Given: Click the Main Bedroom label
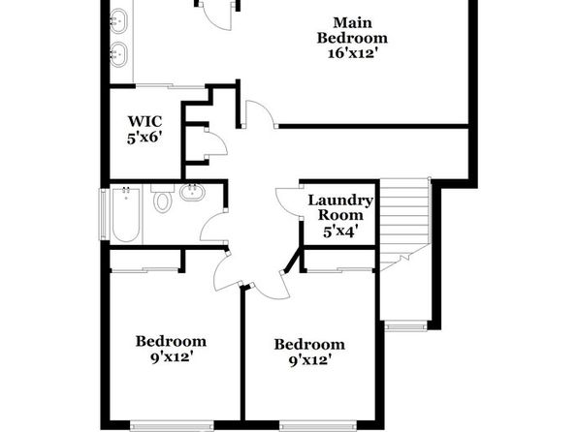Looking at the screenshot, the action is pos(352,30).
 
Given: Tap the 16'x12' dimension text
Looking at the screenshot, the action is pos(353,54).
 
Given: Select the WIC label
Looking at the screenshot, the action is pos(144,121).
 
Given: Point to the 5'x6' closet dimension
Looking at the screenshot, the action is pos(144,139).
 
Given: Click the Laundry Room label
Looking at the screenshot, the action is pos(340,207).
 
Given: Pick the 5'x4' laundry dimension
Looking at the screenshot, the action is pos(340,232).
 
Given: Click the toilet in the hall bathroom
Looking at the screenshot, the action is pos(163,198).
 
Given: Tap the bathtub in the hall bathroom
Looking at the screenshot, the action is pos(126,215).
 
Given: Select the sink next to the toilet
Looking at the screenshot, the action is pos(192,192).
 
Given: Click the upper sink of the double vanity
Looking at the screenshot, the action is pos(118,21).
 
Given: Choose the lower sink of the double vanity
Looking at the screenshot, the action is pos(118,54).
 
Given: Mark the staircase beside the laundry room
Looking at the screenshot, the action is pos(404,225).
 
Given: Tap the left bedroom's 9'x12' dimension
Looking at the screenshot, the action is pos(172,356).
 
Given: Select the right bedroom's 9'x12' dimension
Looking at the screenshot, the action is pos(309,360).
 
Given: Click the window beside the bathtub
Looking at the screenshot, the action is pos(105,214).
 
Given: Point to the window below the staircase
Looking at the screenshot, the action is pos(405,325).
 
